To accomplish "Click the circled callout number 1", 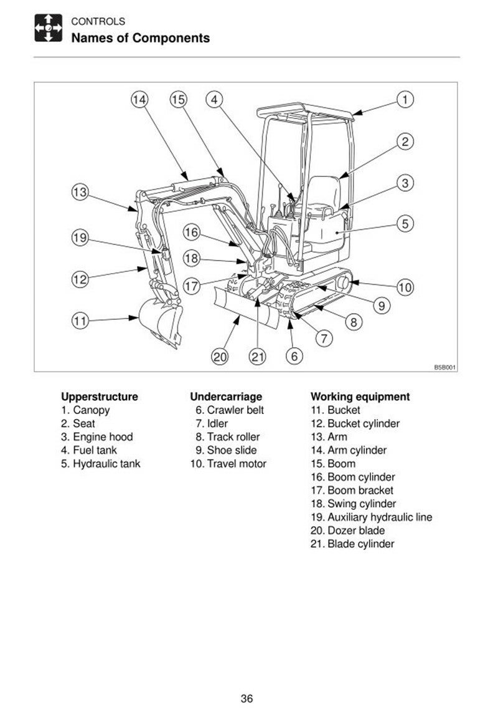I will tap(405, 99).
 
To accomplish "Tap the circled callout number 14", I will tap(139, 99).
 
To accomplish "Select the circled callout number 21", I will tap(258, 356).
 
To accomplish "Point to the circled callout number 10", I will tap(405, 287).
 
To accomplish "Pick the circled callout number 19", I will tap(79, 238).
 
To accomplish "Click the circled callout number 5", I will tap(405, 223).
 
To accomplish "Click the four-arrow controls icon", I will tap(48, 29).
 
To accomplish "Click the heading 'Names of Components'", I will tap(141, 38).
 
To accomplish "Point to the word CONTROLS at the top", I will tap(98, 22).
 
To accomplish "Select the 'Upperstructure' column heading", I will tap(100, 397).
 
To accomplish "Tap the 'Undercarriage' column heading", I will tap(226, 397).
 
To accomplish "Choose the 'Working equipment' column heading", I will tap(360, 397).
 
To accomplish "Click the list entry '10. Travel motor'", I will tap(228, 464).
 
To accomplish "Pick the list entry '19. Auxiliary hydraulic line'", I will tap(372, 517).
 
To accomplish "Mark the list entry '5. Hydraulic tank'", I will tap(101, 464).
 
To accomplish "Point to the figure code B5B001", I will tap(445, 368).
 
